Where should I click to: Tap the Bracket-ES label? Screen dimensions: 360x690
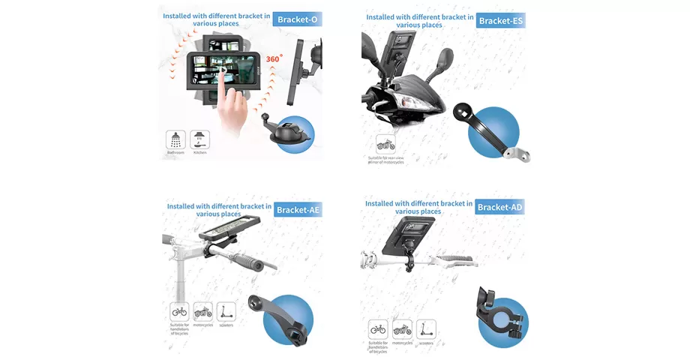pos(500,20)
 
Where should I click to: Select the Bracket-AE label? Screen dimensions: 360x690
pos(298,209)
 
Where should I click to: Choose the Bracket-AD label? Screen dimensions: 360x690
pos(500,207)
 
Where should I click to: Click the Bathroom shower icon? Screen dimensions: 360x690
pos(175,139)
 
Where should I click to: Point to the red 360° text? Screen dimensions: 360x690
pos(274,58)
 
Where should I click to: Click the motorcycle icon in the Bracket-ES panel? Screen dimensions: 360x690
pos(385,145)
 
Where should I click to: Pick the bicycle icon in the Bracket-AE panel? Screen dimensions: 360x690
pos(179,311)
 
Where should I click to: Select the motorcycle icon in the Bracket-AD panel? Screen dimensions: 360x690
pos(402,329)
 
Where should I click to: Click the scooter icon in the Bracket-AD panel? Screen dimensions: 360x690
pos(426,329)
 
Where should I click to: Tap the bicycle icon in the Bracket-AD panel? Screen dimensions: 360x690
pos(378,329)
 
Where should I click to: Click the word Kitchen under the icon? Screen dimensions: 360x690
pos(200,153)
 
